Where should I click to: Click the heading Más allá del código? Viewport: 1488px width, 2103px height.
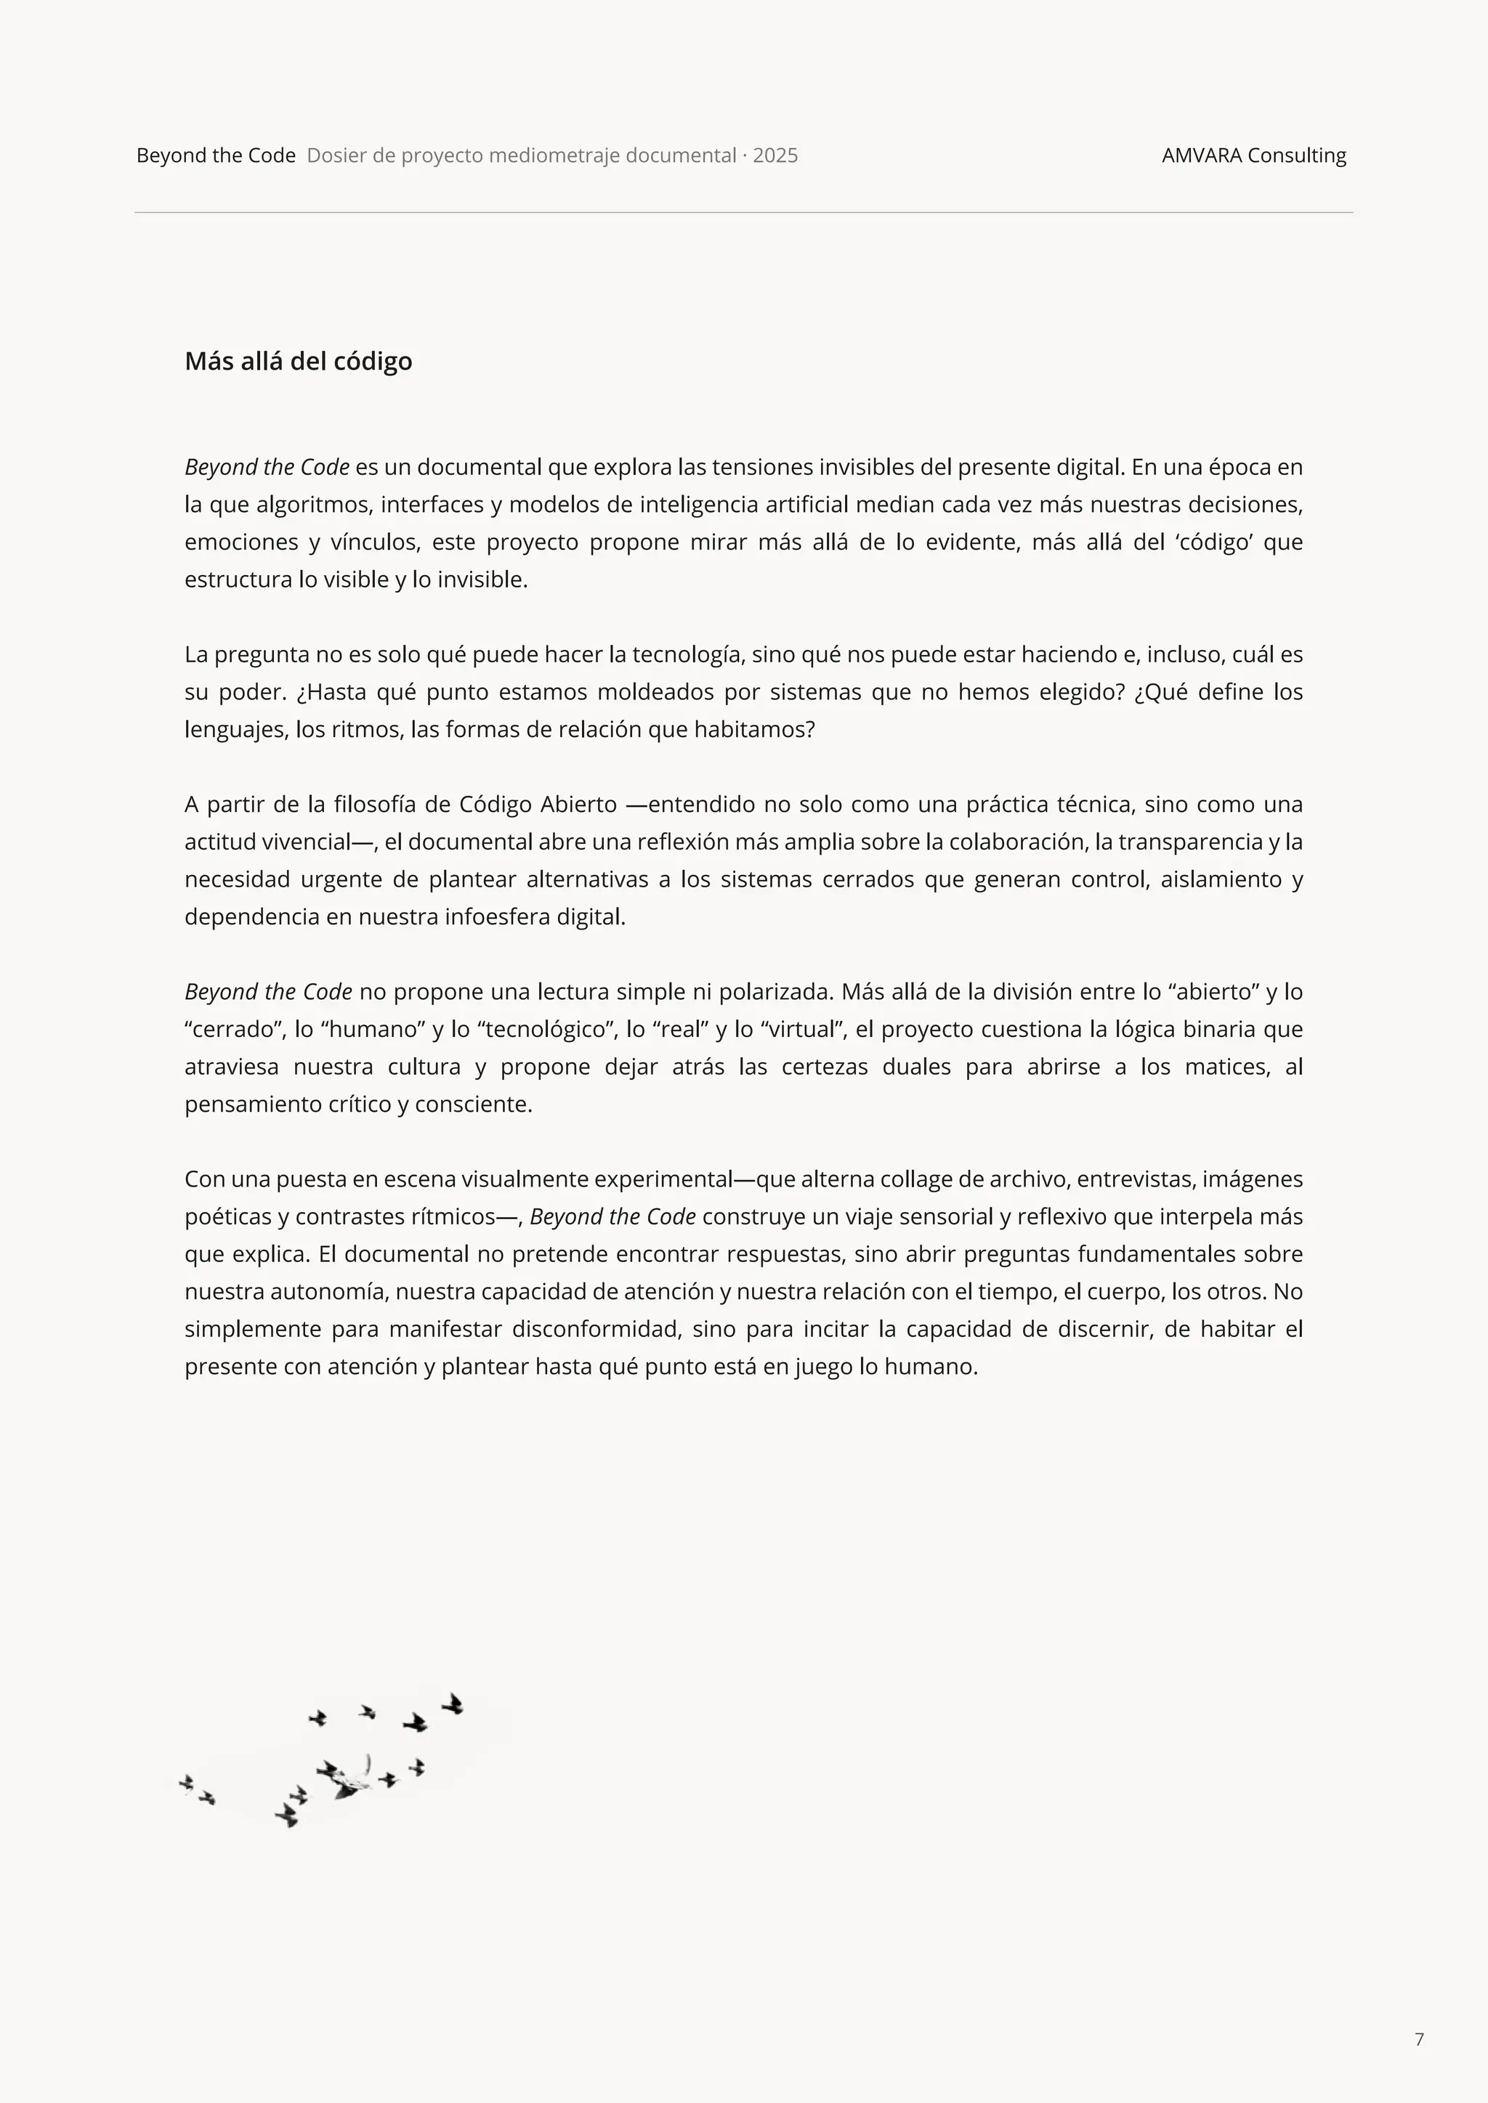[298, 361]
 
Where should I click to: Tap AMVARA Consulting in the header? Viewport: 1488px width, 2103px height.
[1253, 155]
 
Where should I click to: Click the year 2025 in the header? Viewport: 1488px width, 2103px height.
[775, 155]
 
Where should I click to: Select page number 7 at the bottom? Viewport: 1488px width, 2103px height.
[1419, 2039]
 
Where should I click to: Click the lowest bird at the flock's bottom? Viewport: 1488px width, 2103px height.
[287, 1815]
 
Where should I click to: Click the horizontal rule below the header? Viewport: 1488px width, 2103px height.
[743, 213]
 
